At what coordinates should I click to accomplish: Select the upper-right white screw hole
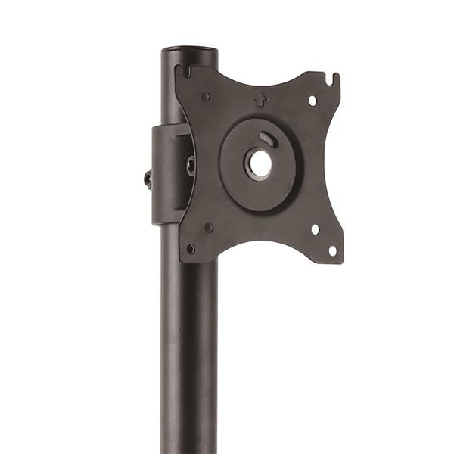tap(312, 99)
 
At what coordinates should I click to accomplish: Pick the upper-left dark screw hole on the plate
tap(206, 96)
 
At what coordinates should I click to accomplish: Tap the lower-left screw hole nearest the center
tap(209, 226)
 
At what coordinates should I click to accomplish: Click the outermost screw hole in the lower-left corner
tap(191, 248)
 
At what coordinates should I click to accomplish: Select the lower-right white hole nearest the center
tap(315, 229)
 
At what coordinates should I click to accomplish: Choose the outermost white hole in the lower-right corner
tap(331, 250)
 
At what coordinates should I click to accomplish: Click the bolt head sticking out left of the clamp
tap(148, 179)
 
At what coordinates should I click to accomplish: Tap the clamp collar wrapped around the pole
tap(165, 174)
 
